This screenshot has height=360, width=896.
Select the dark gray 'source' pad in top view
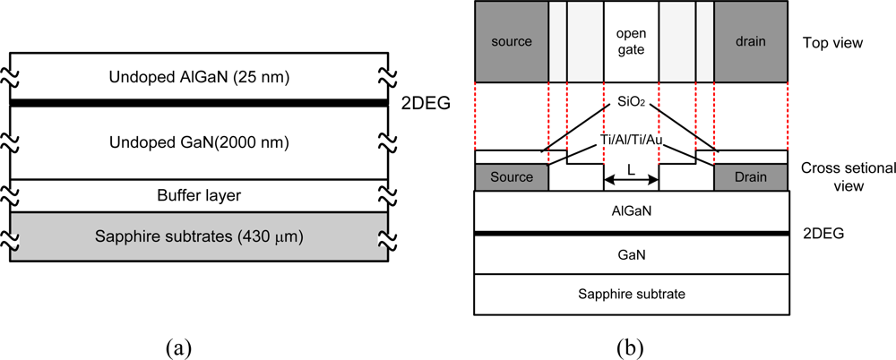(x=512, y=42)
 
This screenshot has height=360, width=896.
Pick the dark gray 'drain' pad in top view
(x=750, y=42)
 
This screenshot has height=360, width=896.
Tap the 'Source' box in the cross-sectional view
(x=512, y=177)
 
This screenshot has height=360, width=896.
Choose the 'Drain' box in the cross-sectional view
(x=750, y=177)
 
